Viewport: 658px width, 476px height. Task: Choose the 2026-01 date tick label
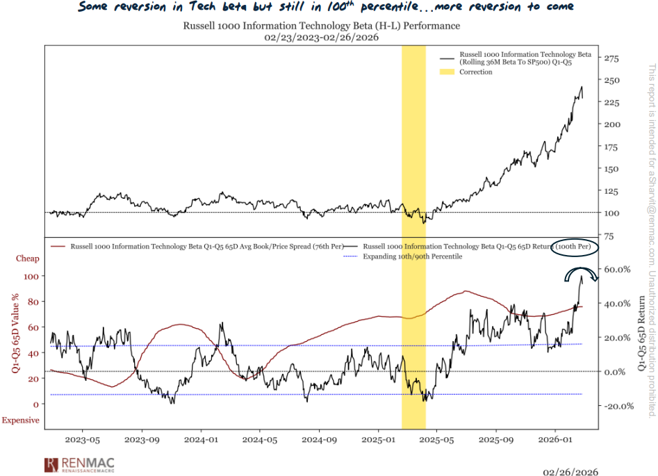coord(556,440)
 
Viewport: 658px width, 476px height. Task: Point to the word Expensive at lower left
coord(20,420)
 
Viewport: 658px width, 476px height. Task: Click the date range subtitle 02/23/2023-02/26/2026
coord(320,38)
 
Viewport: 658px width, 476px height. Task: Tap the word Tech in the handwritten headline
coord(201,7)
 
